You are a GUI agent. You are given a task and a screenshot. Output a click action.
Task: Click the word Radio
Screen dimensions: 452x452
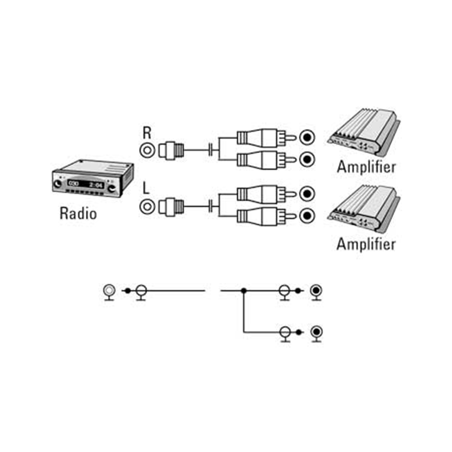click(78, 213)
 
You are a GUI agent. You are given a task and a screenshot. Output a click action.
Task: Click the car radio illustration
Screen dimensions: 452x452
click(92, 178)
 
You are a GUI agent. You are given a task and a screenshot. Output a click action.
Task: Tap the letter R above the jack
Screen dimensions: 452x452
click(147, 133)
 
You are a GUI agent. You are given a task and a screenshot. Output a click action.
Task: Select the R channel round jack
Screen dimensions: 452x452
click(147, 149)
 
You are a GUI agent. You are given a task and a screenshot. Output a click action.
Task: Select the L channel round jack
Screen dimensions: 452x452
click(147, 205)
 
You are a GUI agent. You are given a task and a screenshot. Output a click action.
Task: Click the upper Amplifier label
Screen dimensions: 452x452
click(366, 167)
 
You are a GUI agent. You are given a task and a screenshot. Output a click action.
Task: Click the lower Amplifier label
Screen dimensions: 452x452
click(366, 244)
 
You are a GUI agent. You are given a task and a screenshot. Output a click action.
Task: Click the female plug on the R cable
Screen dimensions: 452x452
click(171, 149)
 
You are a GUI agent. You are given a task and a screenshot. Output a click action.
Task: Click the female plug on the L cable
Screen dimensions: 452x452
click(171, 205)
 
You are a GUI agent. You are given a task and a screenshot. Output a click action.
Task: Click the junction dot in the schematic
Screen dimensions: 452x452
click(243, 290)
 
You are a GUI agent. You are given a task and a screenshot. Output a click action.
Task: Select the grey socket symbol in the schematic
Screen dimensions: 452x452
click(109, 290)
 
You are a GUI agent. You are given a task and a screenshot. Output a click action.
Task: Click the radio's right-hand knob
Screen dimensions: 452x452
click(111, 187)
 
